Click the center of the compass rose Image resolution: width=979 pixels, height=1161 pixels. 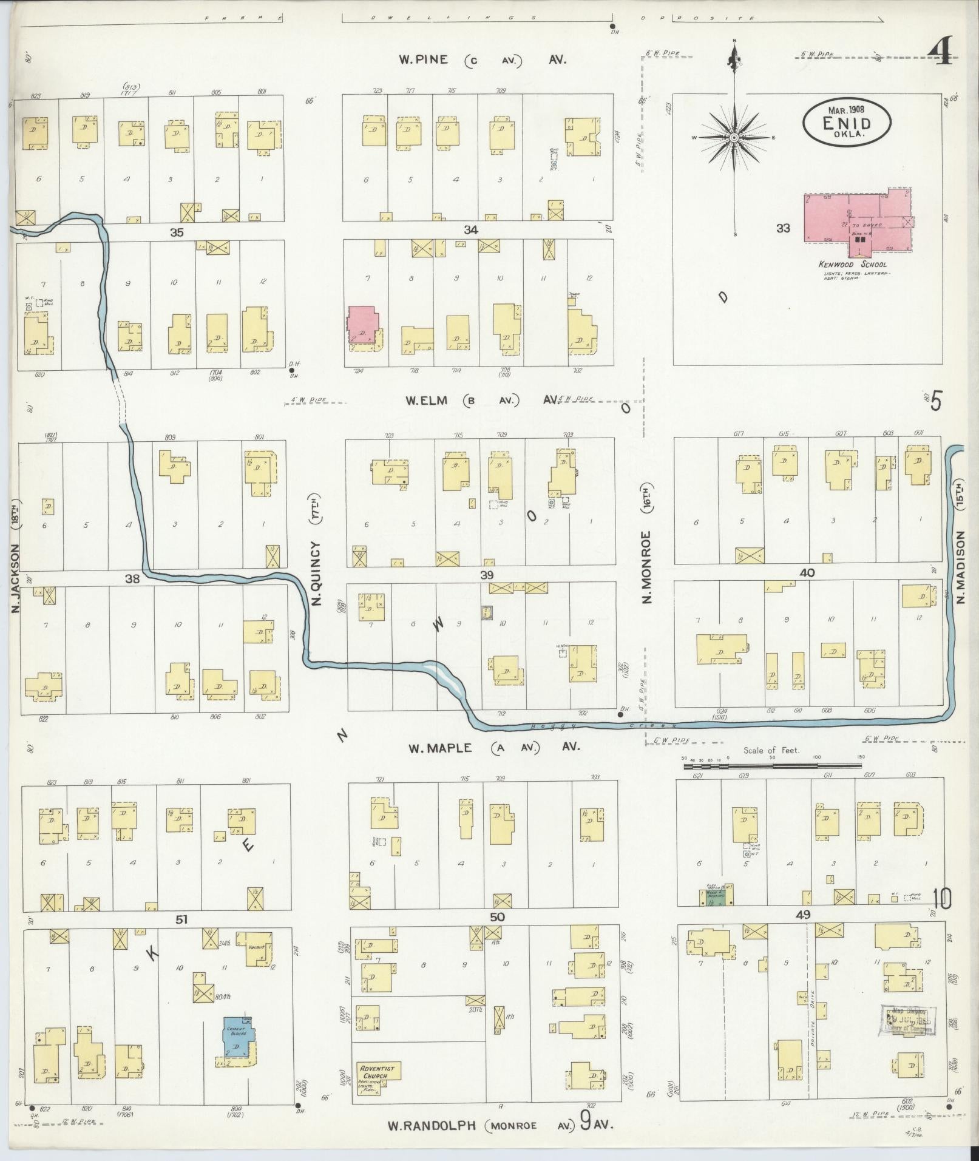(x=734, y=138)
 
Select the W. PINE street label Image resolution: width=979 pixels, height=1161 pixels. (x=424, y=59)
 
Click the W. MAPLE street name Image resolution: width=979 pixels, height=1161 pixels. (x=439, y=748)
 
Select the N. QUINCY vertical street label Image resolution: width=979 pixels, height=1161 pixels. (x=316, y=550)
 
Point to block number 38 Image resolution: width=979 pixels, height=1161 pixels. (x=132, y=578)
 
